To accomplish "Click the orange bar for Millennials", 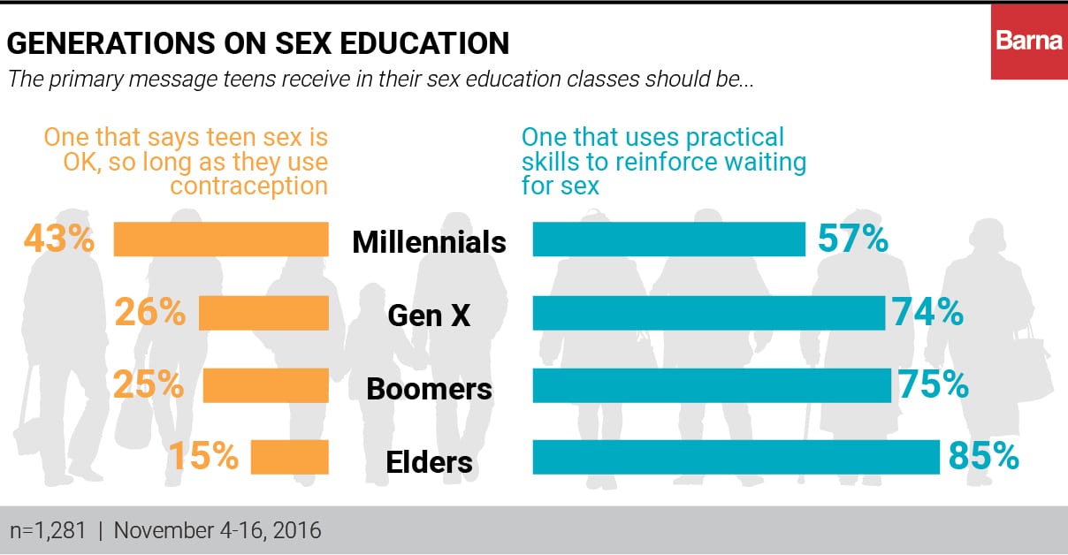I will [x=221, y=239].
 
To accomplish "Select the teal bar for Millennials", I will [x=668, y=239].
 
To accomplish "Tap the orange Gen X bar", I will [x=263, y=313].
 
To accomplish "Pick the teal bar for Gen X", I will [x=708, y=313].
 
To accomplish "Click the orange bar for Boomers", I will [x=265, y=386].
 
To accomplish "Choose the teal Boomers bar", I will [x=712, y=386].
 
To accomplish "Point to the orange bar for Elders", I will [x=289, y=458].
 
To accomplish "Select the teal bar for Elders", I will [x=736, y=458].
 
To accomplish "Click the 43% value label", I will [x=58, y=239].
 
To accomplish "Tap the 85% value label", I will [x=983, y=456].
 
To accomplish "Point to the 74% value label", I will [x=927, y=312].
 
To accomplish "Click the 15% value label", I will [x=203, y=456].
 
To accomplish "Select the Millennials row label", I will [x=430, y=241].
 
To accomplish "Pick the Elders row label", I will [x=430, y=461].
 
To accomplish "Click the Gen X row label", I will [x=430, y=316].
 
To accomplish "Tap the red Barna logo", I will [x=1029, y=41].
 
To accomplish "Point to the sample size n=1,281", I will [x=49, y=531].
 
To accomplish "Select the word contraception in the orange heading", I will [x=248, y=186].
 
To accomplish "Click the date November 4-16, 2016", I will [x=217, y=531].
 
